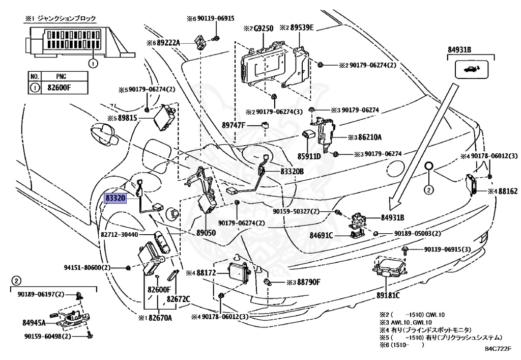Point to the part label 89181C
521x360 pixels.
point(388,295)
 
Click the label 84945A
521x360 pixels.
point(34,322)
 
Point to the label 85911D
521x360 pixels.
point(309,156)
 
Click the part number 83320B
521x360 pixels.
point(292,172)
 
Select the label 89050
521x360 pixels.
point(207,232)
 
